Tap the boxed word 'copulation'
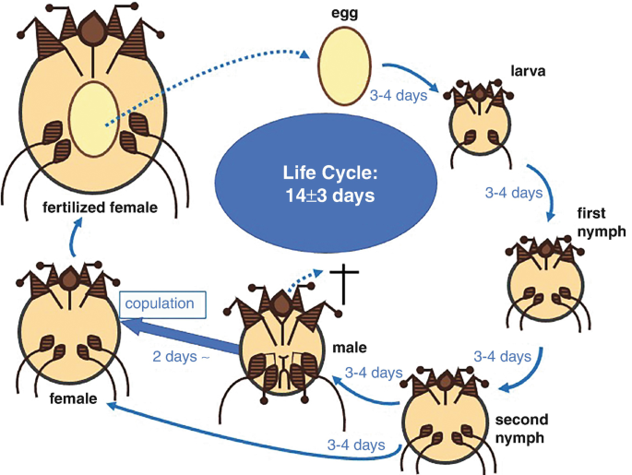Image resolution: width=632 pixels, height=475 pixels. (x=160, y=303)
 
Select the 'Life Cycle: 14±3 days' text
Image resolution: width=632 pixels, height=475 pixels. (x=316, y=183)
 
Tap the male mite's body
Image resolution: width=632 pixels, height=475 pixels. (x=282, y=350)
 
